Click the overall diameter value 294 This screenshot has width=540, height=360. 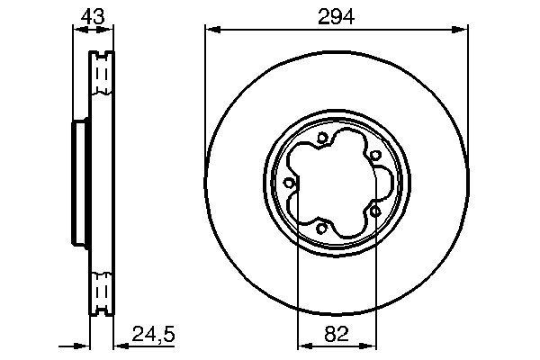336,15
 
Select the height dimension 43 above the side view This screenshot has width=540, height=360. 91,15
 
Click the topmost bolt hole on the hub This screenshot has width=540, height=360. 321,137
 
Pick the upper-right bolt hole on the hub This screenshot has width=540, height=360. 373,155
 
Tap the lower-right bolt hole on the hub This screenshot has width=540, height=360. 373,211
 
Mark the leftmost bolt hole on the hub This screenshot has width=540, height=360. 288,183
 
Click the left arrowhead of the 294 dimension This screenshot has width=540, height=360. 211,30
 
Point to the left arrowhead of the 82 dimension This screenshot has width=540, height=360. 301,345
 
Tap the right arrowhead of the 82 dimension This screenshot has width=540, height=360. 368,345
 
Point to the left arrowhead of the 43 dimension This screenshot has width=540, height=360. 76,30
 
